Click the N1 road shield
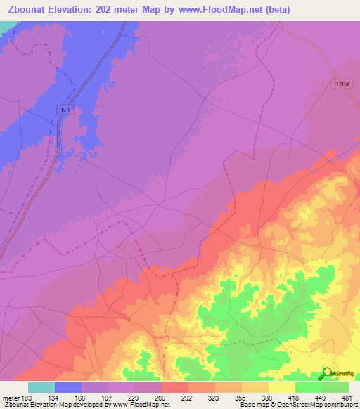[65, 109]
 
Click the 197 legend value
[108, 398]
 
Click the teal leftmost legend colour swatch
[41, 387]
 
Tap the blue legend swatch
[67, 387]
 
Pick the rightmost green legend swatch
[335, 387]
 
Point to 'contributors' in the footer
[338, 405]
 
